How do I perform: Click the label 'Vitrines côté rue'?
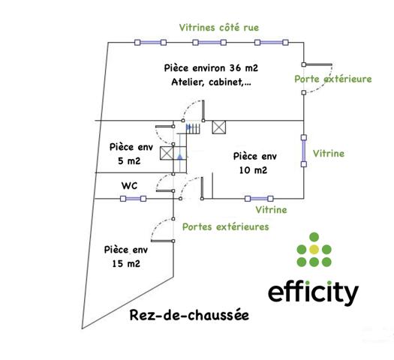pyautogui.click(x=219, y=28)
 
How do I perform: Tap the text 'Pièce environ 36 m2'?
pyautogui.click(x=211, y=67)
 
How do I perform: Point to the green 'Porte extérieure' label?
pyautogui.click(x=332, y=79)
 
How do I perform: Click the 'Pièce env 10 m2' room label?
pyautogui.click(x=255, y=163)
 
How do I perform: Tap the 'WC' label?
pyautogui.click(x=129, y=185)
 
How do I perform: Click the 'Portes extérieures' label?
pyautogui.click(x=226, y=226)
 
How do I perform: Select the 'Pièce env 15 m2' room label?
pyautogui.click(x=125, y=256)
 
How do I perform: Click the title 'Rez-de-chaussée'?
pyautogui.click(x=184, y=316)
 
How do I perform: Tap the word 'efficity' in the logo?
pyautogui.click(x=313, y=292)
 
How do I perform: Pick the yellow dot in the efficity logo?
pyautogui.click(x=314, y=249)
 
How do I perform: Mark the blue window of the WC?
pyautogui.click(x=134, y=199)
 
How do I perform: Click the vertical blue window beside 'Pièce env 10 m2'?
pyautogui.click(x=304, y=151)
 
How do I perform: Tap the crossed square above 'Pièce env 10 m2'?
pyautogui.click(x=219, y=127)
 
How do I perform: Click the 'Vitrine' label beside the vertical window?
pyautogui.click(x=329, y=154)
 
